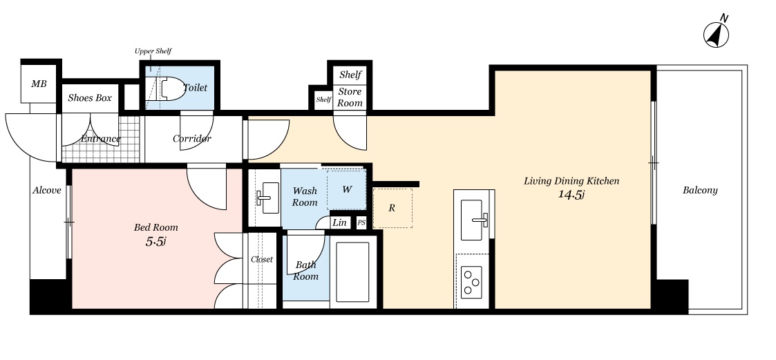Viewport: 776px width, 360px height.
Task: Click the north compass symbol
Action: pyautogui.click(x=717, y=34)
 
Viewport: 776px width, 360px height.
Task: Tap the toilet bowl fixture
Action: pyautogui.click(x=166, y=88)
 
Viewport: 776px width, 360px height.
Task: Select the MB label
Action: pyautogui.click(x=39, y=84)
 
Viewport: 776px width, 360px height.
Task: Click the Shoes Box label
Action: pyautogui.click(x=90, y=98)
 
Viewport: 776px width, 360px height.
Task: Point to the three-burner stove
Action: pyautogui.click(x=471, y=282)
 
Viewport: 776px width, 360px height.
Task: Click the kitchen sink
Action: pyautogui.click(x=472, y=219)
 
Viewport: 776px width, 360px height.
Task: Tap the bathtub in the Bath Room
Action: pyautogui.click(x=352, y=272)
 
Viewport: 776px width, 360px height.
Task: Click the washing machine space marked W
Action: pyautogui.click(x=346, y=189)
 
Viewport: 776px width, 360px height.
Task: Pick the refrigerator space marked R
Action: pyautogui.click(x=392, y=208)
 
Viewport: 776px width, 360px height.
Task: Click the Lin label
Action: pyautogui.click(x=339, y=222)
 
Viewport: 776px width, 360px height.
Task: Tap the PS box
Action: pyautogui.click(x=361, y=222)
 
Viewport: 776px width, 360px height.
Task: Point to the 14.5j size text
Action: pyautogui.click(x=571, y=195)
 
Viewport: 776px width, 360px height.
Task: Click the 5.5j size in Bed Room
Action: pyautogui.click(x=155, y=242)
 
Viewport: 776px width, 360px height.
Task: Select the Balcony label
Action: pyautogui.click(x=700, y=190)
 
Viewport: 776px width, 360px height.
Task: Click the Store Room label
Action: pyautogui.click(x=350, y=97)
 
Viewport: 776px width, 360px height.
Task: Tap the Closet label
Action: pyautogui.click(x=262, y=259)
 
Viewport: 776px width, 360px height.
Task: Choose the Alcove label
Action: pyautogui.click(x=47, y=190)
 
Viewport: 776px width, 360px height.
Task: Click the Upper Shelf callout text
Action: pyautogui.click(x=153, y=51)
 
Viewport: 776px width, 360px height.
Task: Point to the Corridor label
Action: pyautogui.click(x=192, y=139)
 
